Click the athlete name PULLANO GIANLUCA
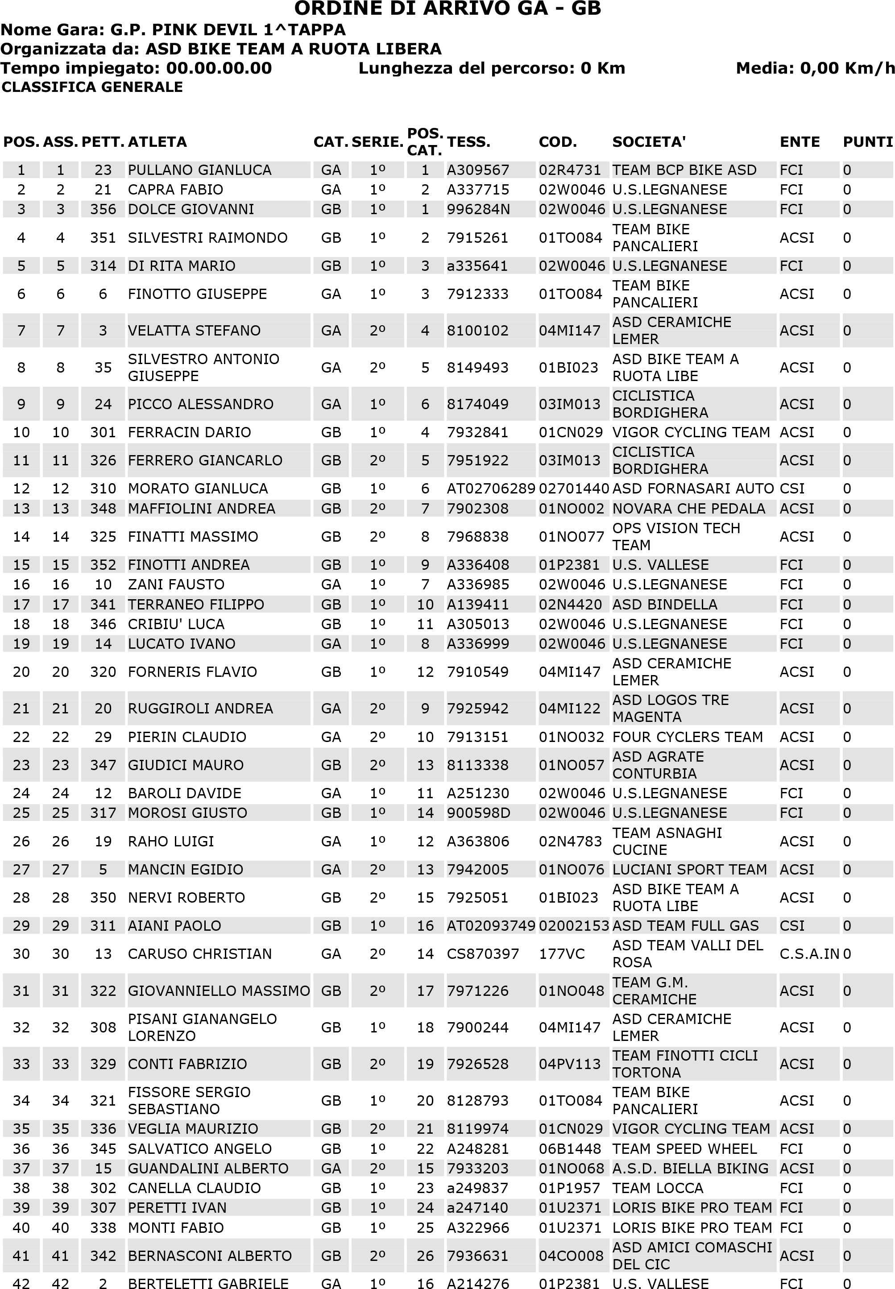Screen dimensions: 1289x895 click(199, 170)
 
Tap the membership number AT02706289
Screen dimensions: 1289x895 click(491, 489)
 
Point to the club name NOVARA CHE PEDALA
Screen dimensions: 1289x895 click(688, 509)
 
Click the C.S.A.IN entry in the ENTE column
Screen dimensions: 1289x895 click(808, 954)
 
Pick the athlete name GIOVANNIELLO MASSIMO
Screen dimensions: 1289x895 click(219, 991)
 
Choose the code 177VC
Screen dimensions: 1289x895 click(561, 954)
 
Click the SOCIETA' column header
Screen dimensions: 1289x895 click(649, 142)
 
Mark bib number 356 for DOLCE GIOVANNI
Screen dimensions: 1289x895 click(103, 209)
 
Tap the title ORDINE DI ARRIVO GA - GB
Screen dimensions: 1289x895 click(447, 8)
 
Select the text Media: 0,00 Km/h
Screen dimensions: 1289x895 click(815, 68)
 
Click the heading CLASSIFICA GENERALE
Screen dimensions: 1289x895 click(92, 87)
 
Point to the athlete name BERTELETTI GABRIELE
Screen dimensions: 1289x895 click(208, 1283)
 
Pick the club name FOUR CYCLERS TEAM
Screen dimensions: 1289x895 click(687, 737)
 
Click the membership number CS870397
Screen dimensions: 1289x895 click(483, 954)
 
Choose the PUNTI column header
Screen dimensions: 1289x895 click(867, 142)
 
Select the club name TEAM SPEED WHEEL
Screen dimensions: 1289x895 click(684, 1149)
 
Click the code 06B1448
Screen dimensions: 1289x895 click(570, 1149)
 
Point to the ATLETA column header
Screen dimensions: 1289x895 click(157, 142)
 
